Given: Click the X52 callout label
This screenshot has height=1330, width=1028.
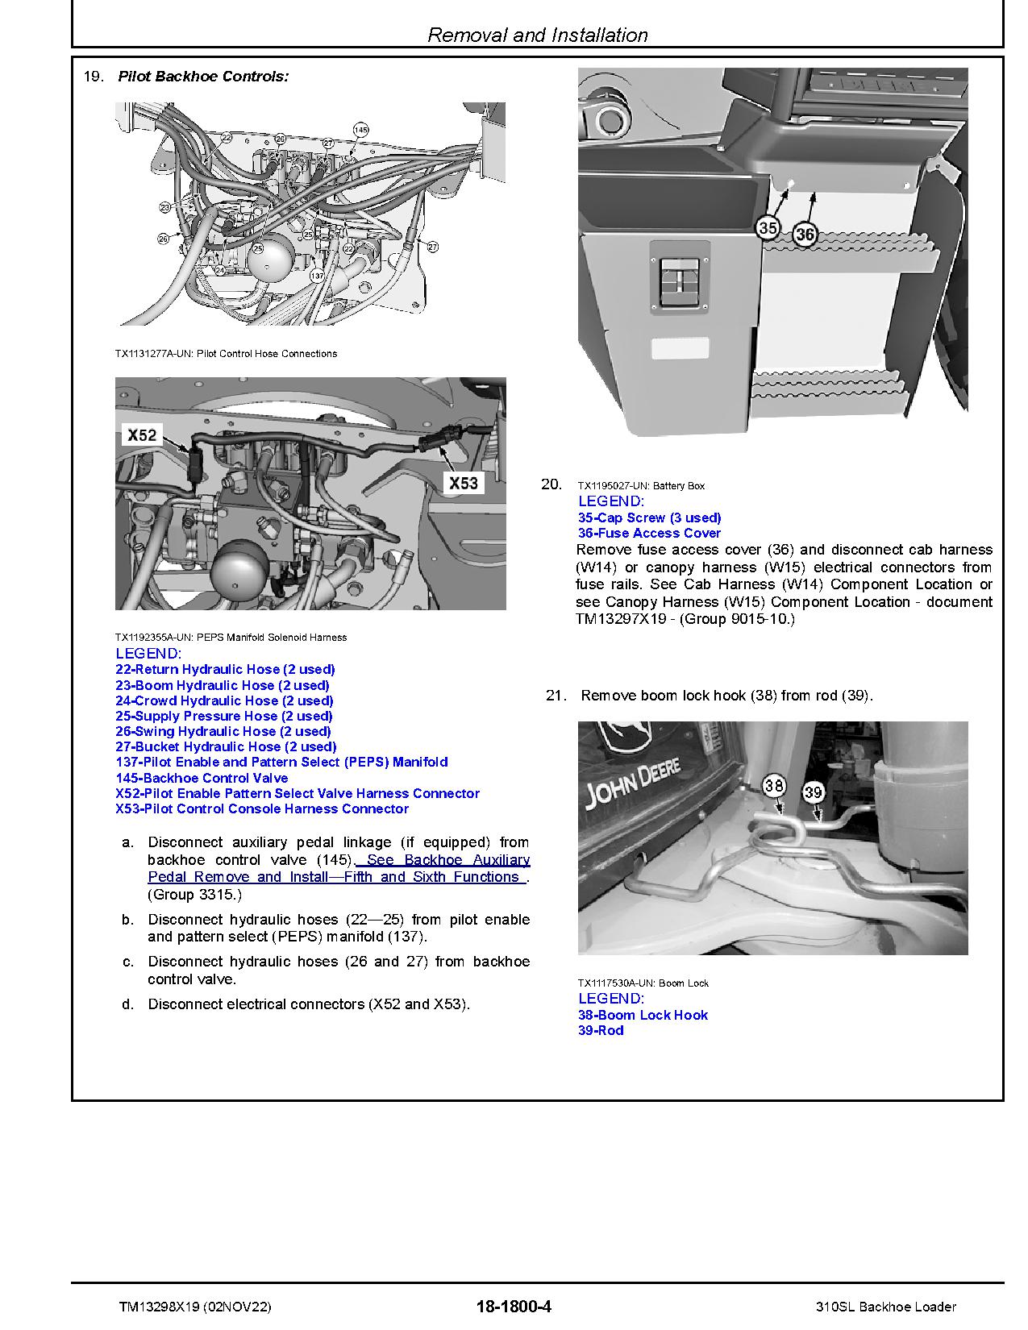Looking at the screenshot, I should coord(142,435).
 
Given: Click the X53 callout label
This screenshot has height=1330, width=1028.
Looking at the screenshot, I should coord(464,483).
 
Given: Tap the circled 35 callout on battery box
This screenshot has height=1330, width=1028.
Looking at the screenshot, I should coord(768,228).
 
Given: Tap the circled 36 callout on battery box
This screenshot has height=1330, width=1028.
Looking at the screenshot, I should coord(805,235).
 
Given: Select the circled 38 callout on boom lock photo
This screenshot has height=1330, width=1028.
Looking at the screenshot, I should coord(774,785).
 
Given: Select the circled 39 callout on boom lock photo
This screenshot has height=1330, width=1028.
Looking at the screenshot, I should coord(813,792).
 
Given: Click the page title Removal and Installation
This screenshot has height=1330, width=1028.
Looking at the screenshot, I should coord(537,35).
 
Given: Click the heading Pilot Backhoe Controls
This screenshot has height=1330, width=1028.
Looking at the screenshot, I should coord(203,77).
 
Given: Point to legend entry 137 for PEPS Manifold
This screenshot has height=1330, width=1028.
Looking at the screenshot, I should coord(281,762).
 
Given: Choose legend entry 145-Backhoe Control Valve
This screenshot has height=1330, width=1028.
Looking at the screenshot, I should coord(202,778).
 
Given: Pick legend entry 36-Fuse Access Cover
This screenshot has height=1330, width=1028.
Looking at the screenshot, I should coord(649,533).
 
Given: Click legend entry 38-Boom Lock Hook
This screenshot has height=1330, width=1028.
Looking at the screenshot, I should coord(643,1015).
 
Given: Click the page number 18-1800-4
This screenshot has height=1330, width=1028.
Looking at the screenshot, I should coord(514,1307).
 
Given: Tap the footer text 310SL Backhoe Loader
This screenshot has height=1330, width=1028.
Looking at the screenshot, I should coord(885,1307).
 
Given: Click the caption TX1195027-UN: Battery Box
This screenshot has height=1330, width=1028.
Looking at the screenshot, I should coord(641,485).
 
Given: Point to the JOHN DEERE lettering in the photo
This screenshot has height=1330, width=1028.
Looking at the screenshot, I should coord(634,781).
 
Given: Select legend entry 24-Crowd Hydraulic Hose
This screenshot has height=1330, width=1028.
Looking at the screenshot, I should coord(224,700).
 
